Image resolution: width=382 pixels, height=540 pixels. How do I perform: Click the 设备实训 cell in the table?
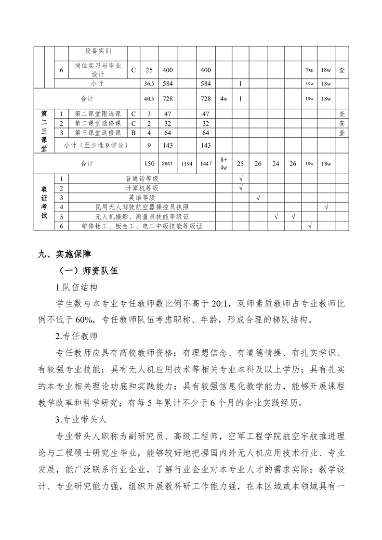(98, 51)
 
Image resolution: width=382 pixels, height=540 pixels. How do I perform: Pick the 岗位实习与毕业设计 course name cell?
(98, 70)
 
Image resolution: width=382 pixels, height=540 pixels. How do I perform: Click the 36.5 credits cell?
(149, 84)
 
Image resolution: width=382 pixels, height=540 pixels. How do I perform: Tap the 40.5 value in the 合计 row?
(149, 99)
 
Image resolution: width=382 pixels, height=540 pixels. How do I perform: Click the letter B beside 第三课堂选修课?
(133, 133)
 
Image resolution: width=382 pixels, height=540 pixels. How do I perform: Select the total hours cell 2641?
(167, 164)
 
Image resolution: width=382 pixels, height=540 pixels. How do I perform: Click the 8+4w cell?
(223, 164)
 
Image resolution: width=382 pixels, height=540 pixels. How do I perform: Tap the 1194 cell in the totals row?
(187, 164)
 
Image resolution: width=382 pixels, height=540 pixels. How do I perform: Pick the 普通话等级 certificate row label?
(142, 179)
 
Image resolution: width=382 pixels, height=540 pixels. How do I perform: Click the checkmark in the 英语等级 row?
(258, 197)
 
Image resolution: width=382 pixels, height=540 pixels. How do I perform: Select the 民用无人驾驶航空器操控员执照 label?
(142, 207)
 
